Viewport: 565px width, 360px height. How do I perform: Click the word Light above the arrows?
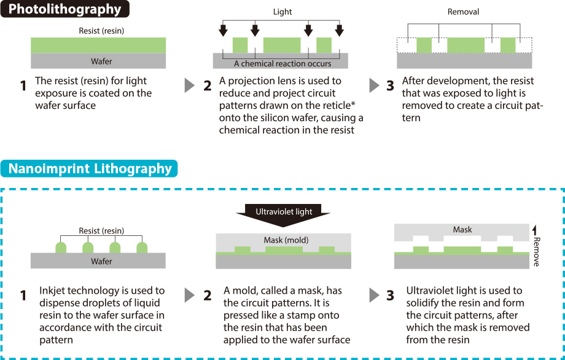pos(282,12)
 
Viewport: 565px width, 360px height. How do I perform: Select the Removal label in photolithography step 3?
pos(463,12)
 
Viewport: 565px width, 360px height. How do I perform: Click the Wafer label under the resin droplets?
pos(101,262)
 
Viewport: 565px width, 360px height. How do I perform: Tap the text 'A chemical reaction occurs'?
pos(282,63)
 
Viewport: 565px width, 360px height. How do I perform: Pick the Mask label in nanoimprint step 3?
pos(462,229)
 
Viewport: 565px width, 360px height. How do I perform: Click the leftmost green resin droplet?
pos(61,248)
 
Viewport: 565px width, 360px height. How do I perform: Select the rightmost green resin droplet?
pos(142,248)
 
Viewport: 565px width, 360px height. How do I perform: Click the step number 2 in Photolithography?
pos(207,86)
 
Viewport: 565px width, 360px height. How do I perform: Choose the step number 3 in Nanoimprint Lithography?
pos(390,295)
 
